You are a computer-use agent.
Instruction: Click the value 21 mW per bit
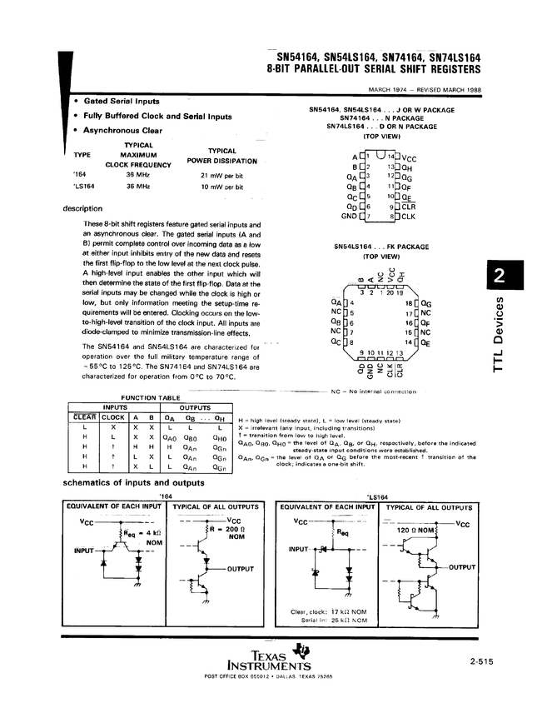click(x=221, y=176)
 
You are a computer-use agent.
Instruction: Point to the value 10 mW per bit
click(x=221, y=188)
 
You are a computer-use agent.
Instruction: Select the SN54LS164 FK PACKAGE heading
click(x=381, y=247)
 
